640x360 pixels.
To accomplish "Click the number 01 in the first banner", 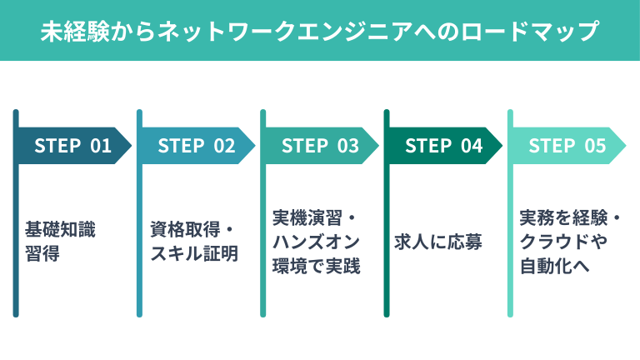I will pyautogui.click(x=101, y=146).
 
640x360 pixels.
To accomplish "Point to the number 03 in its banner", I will pyautogui.click(x=347, y=146).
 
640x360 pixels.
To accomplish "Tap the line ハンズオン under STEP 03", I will pyautogui.click(x=316, y=242).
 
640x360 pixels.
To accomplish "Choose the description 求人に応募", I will pyautogui.click(x=438, y=242).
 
